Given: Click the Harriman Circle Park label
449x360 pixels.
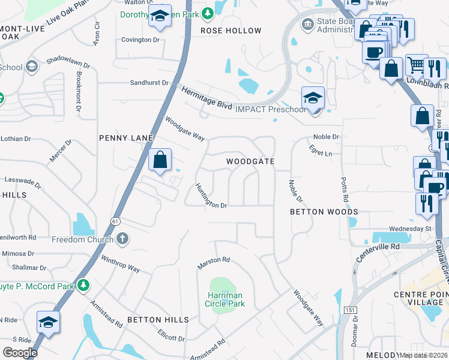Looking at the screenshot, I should [x=224, y=299].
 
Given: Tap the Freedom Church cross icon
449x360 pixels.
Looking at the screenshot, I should [x=122, y=239].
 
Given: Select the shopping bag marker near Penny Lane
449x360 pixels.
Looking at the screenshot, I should [x=160, y=161].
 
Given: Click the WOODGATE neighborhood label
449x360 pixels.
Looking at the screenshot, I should [x=250, y=162].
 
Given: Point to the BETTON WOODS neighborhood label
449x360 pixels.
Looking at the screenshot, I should [x=324, y=212].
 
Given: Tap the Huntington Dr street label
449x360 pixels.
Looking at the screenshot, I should [x=211, y=196].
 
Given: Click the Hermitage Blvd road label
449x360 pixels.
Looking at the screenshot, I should [x=206, y=99].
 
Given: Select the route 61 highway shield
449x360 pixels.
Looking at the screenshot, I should [x=114, y=221].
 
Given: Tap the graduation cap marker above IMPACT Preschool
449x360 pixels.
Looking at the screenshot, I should [x=313, y=98].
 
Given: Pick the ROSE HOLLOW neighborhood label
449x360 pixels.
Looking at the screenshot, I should [x=231, y=31].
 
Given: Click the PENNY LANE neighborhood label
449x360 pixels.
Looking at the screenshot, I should [x=126, y=138].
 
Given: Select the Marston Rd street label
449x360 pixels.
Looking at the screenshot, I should [x=214, y=263].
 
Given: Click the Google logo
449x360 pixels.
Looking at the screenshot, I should [x=20, y=353].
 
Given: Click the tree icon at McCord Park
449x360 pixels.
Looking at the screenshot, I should [x=85, y=286].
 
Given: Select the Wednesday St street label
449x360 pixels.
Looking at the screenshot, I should [x=410, y=229].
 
